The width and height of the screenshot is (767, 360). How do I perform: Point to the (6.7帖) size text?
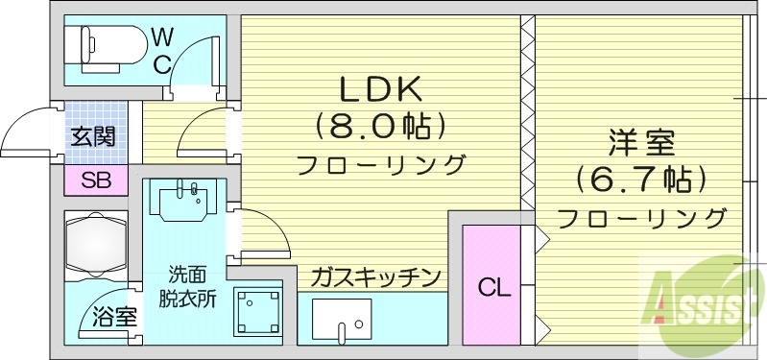[x=641, y=179]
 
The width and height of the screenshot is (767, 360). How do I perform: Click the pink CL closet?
[x=491, y=285]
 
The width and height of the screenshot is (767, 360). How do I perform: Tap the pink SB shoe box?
[x=95, y=180]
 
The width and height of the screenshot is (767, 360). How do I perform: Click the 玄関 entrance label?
[x=93, y=136]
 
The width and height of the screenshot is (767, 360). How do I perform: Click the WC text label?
[x=162, y=51]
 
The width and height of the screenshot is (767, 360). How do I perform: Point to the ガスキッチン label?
[x=374, y=278]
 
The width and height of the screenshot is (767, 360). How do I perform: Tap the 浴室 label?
[x=113, y=318]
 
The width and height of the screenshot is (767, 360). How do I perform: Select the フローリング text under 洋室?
[x=641, y=217]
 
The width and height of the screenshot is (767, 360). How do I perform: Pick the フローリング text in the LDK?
[x=380, y=164]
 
